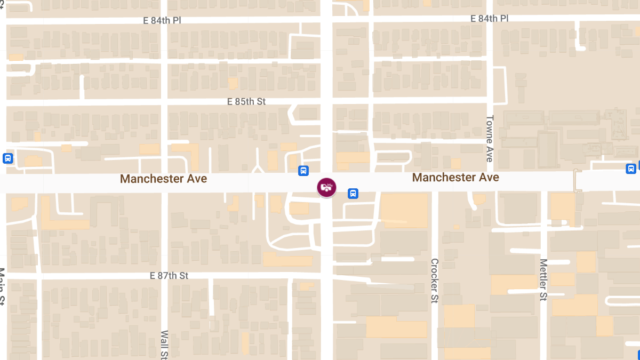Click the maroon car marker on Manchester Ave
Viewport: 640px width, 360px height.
(327, 187)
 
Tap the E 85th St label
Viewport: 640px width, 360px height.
(246, 101)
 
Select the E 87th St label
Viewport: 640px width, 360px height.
(170, 276)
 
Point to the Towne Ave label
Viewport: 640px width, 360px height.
(490, 138)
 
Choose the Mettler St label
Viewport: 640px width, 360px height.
(543, 279)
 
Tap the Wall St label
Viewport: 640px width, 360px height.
(164, 344)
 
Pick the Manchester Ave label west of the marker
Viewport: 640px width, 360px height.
(163, 179)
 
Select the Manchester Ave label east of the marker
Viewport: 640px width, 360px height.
(455, 177)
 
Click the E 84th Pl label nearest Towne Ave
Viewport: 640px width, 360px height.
(489, 19)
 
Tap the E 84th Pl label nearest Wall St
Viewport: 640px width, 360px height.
(163, 20)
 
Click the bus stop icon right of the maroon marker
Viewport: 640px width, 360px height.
(353, 194)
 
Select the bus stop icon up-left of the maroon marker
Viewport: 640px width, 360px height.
(303, 171)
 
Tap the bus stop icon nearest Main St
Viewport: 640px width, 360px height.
(7, 158)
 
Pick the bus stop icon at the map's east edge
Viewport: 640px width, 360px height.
(631, 169)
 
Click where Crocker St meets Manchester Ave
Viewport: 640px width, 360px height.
(435, 182)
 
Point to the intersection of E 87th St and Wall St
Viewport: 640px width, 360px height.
(164, 276)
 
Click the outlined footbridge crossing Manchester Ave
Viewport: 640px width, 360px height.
(577, 181)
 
